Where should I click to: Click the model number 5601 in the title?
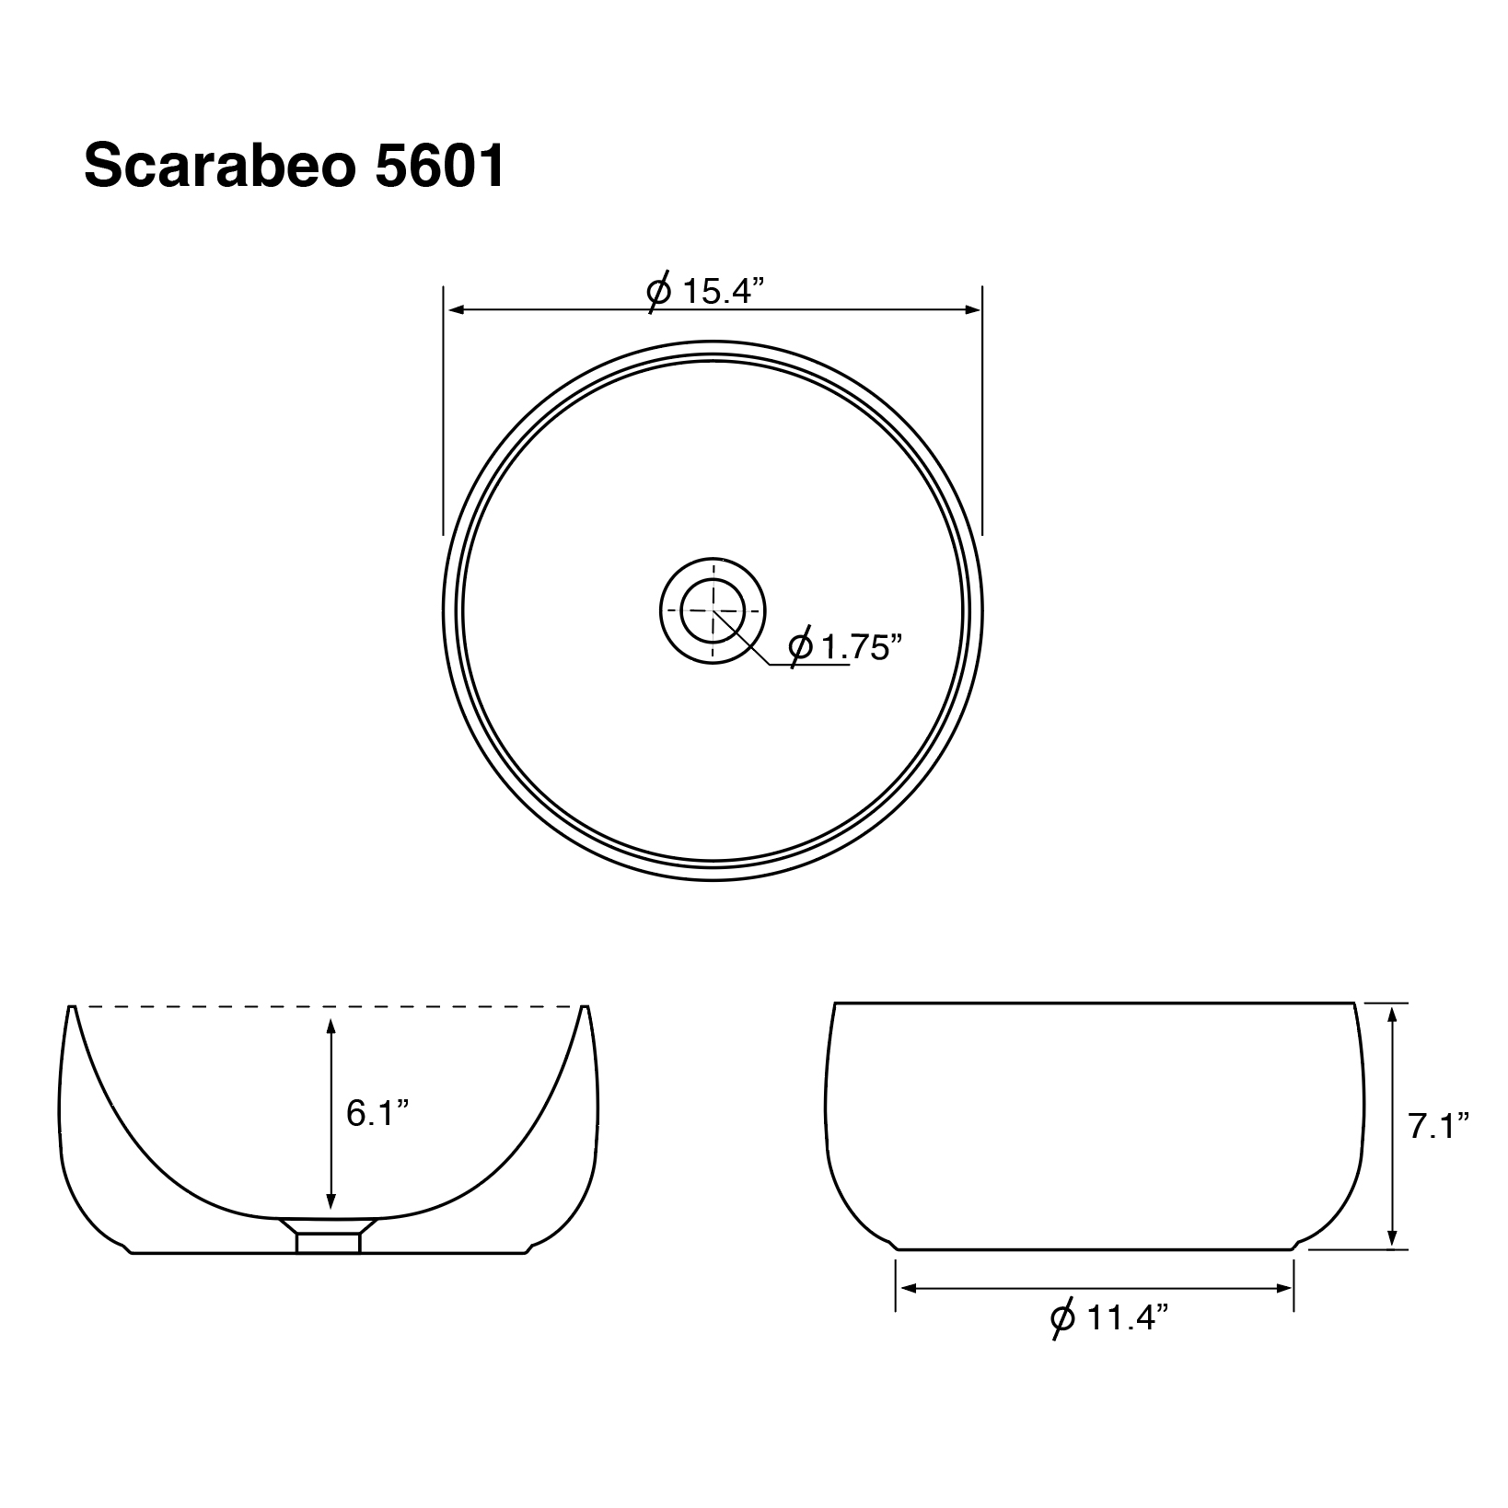point(440,166)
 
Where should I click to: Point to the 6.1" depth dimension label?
point(377,1114)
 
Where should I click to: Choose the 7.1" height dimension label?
point(1438,1125)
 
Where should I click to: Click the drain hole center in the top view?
point(712,609)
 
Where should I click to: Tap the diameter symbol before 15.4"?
point(659,292)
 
